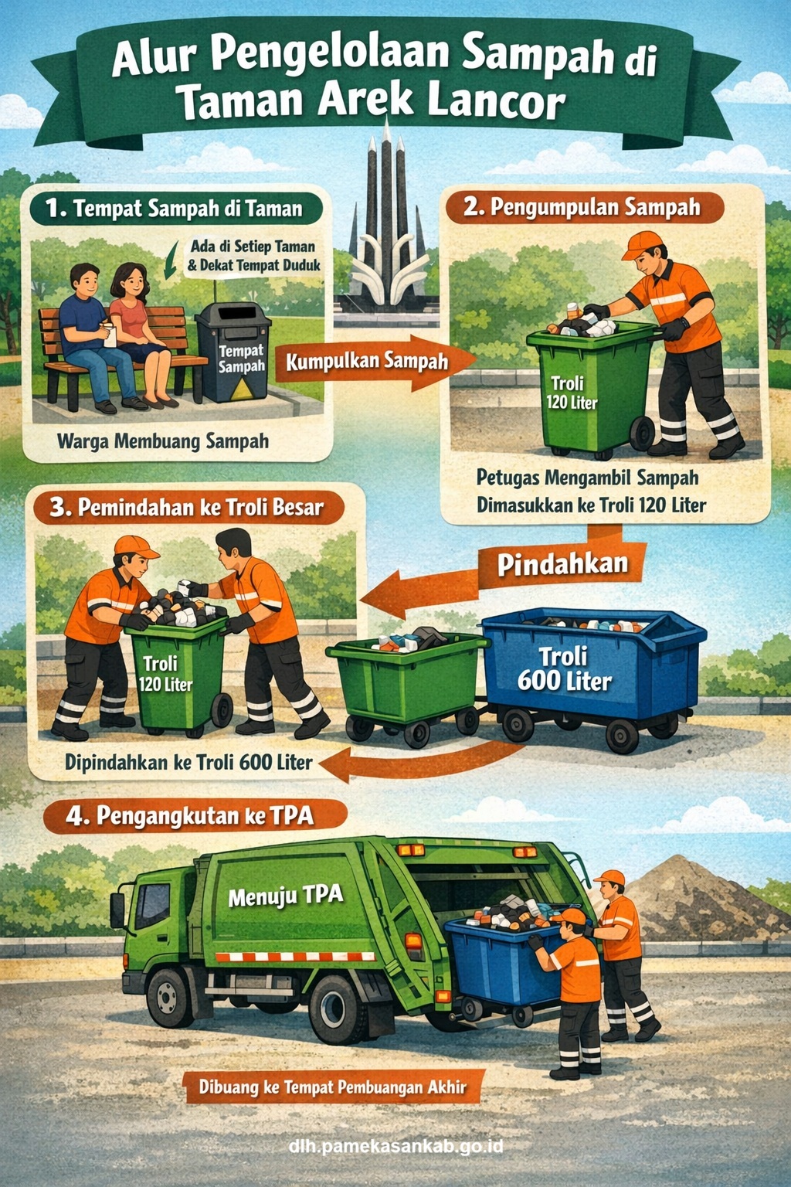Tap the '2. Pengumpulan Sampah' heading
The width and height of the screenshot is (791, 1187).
click(585, 207)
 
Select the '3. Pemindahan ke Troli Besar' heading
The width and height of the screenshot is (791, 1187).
click(188, 507)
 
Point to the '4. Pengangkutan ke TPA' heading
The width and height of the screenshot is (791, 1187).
click(195, 815)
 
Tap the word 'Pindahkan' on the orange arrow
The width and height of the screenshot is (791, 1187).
click(562, 565)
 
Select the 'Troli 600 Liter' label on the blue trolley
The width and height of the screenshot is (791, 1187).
click(564, 670)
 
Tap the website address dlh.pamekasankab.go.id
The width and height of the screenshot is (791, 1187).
click(395, 1146)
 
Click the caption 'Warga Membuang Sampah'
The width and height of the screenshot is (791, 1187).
click(163, 441)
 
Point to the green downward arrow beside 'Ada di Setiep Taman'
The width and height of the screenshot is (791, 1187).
click(171, 260)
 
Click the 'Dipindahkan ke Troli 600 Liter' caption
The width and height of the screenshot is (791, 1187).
click(188, 763)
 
